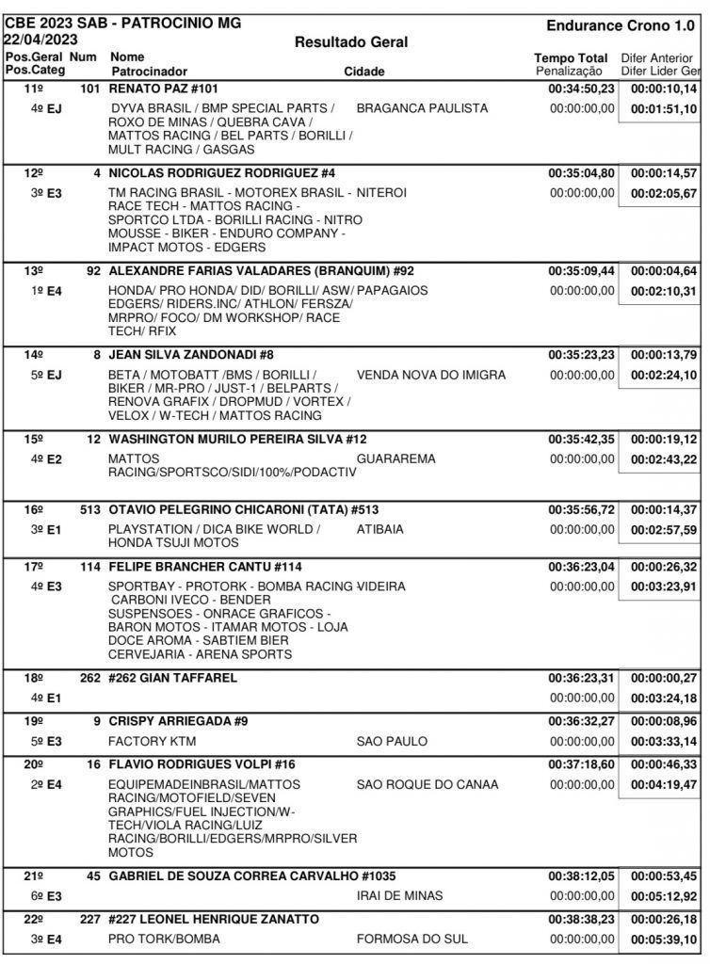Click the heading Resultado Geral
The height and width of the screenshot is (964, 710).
coord(351,41)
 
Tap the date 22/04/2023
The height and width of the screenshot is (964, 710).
coord(41,40)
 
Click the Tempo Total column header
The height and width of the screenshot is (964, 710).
coord(571,58)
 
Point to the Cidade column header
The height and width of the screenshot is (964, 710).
coord(363,72)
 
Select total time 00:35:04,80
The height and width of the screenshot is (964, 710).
coord(581,173)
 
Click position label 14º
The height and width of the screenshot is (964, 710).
coord(34,355)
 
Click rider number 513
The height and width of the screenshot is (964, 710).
coord(89,509)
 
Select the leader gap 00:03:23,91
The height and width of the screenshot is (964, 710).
coord(663,586)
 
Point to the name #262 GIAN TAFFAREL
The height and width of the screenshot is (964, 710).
coord(173,678)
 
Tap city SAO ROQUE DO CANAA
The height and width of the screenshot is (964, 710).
coord(428,784)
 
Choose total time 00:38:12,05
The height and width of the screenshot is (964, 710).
coord(581,876)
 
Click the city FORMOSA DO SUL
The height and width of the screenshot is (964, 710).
coord(412,940)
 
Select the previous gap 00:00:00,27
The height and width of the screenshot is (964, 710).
coord(663,678)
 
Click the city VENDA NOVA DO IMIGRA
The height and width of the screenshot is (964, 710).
coord(431,375)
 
